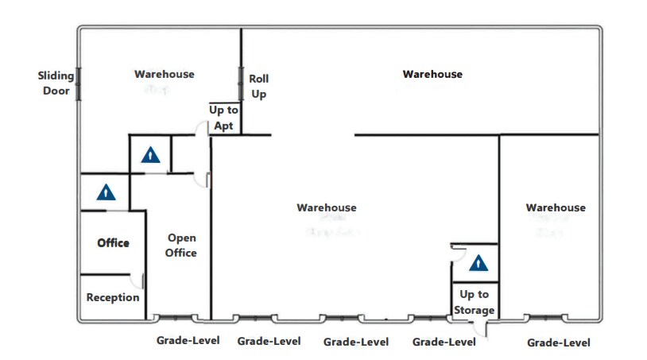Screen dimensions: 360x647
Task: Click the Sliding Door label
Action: [56, 83]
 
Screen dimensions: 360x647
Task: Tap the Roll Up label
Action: [259, 87]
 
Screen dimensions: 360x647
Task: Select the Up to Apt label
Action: [223, 118]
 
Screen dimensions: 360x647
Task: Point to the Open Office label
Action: [181, 245]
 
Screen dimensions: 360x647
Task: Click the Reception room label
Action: [113, 297]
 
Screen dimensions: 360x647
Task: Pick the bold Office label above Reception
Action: [113, 242]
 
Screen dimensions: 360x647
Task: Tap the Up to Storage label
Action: [475, 302]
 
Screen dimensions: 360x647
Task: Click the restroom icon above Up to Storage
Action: [478, 263]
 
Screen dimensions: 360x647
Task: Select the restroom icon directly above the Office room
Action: [106, 192]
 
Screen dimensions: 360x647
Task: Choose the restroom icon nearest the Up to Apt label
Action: [150, 156]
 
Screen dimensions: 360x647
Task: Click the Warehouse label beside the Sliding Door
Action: [164, 75]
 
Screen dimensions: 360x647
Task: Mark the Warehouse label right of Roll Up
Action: [432, 75]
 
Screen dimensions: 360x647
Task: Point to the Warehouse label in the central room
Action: [327, 208]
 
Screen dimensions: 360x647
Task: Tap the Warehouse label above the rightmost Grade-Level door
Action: [556, 208]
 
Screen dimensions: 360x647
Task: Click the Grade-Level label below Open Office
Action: [188, 341]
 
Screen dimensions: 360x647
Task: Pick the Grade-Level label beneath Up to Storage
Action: [444, 342]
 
